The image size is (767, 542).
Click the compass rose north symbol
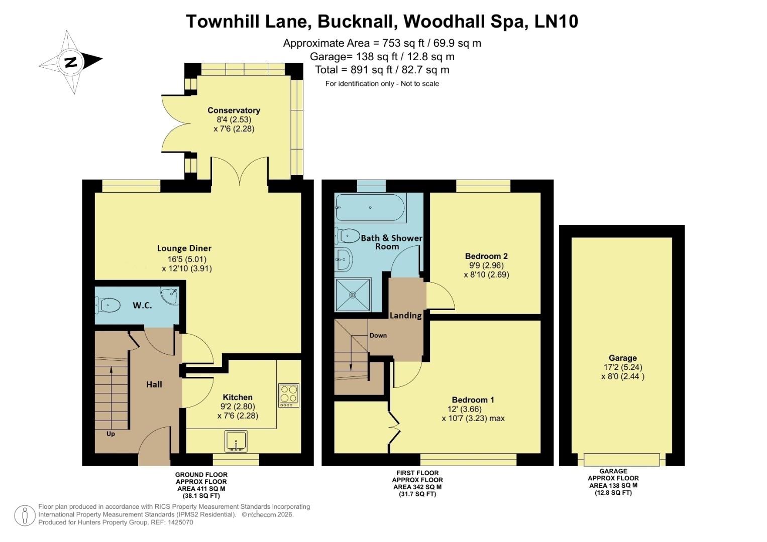(x=70, y=62)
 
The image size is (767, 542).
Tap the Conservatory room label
(x=234, y=110)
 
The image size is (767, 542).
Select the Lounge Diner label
(x=184, y=248)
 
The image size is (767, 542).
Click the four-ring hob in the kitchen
(x=288, y=394)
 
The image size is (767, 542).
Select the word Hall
(x=154, y=384)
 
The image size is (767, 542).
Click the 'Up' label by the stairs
(x=111, y=434)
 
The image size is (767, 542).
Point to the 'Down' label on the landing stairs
(x=378, y=335)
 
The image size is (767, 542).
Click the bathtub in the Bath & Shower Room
(x=370, y=208)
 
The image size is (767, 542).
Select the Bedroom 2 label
(x=486, y=256)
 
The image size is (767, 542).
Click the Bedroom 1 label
(x=473, y=400)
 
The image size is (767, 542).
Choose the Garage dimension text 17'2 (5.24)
(x=622, y=367)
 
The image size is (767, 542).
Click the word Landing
(x=405, y=316)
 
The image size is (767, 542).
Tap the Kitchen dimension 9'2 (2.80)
(x=238, y=406)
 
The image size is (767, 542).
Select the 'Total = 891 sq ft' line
(x=382, y=70)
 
